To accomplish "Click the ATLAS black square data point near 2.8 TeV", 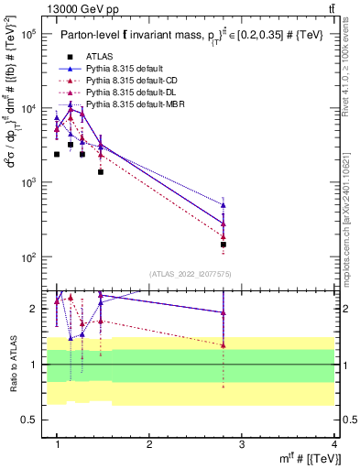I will [x=223, y=245].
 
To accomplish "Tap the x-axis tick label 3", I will [x=242, y=444].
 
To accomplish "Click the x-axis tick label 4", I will [x=333, y=444].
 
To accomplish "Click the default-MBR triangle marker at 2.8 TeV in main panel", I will [x=223, y=205].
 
